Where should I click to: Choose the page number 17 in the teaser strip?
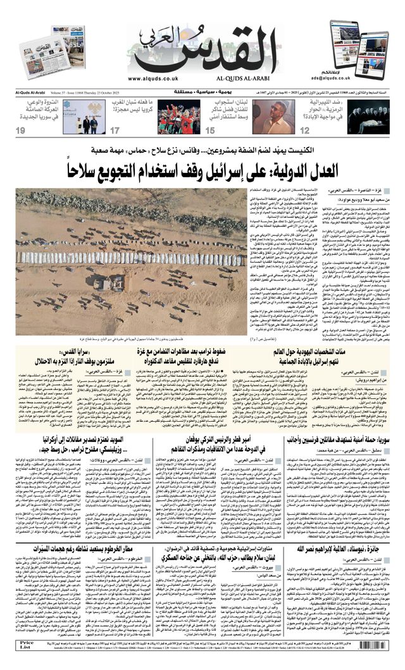115,130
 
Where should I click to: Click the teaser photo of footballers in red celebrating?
178,116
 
